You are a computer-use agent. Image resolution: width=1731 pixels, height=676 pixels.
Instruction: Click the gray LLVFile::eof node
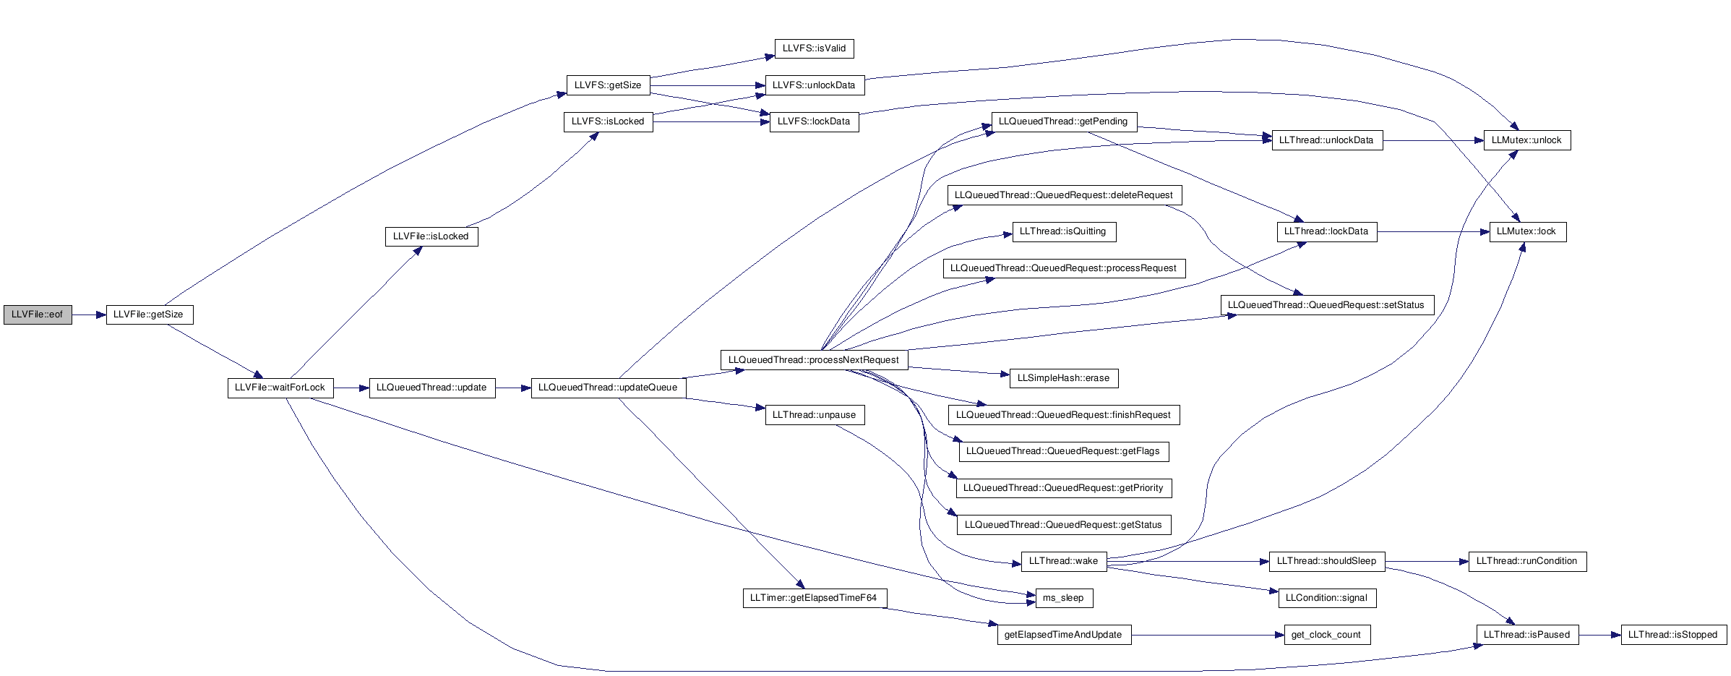click(x=38, y=315)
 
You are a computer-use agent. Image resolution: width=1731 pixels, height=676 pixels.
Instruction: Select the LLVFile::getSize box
click(x=150, y=315)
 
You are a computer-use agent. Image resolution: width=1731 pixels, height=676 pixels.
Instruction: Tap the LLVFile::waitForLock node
click(x=280, y=388)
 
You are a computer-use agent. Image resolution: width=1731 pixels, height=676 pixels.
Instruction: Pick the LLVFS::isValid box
click(x=814, y=48)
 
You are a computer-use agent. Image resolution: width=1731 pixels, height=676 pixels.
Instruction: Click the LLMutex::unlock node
click(x=1526, y=140)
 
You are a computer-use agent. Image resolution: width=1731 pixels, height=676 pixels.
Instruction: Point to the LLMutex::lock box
click(x=1528, y=231)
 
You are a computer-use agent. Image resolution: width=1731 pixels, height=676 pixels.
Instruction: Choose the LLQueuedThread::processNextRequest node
click(x=814, y=360)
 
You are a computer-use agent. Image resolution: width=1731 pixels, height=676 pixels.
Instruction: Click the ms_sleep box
click(x=1063, y=598)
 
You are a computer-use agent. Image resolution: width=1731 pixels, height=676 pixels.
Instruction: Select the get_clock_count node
click(x=1326, y=635)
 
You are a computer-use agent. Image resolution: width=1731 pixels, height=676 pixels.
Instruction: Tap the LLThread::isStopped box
click(x=1673, y=635)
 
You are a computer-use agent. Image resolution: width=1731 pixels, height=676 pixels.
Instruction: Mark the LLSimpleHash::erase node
click(x=1063, y=378)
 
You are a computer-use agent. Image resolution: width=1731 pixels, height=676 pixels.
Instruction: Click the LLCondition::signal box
click(x=1326, y=598)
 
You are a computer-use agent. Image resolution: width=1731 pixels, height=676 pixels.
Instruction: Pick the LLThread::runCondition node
click(x=1527, y=561)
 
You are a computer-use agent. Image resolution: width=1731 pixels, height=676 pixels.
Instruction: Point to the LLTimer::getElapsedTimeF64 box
click(x=814, y=598)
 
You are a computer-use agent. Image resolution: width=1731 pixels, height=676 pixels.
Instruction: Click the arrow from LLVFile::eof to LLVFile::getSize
click(x=89, y=315)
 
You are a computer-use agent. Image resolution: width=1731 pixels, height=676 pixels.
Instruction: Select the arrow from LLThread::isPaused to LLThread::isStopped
click(x=1600, y=635)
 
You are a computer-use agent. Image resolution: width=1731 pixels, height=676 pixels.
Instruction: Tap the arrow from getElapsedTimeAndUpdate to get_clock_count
click(x=1207, y=635)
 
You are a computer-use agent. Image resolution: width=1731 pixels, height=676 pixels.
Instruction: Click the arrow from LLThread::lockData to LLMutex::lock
click(x=1433, y=231)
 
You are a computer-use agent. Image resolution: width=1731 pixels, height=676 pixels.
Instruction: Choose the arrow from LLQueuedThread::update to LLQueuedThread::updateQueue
click(x=513, y=388)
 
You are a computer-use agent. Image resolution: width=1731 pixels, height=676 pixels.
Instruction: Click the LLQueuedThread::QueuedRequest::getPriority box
click(x=1063, y=488)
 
